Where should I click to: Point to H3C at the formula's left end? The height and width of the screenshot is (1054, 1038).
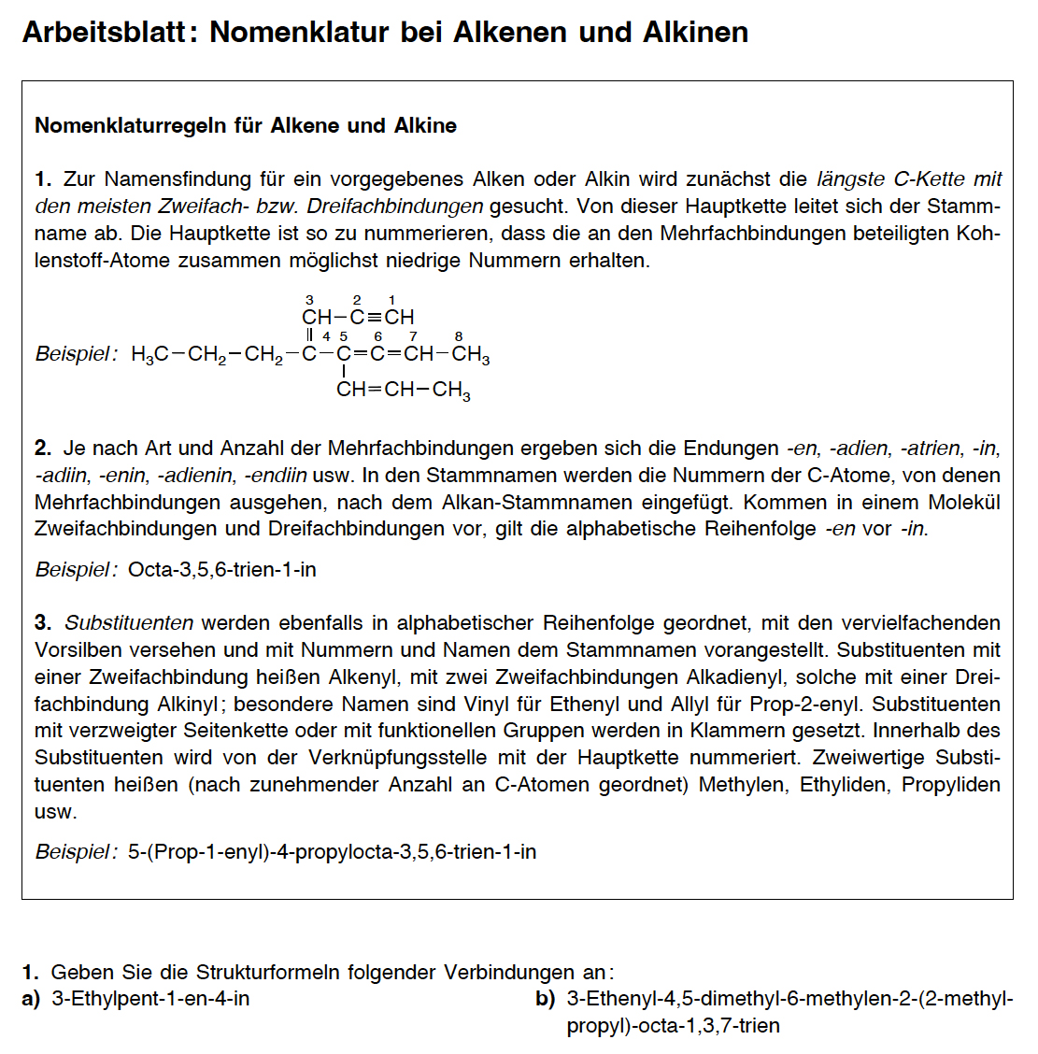[x=149, y=355]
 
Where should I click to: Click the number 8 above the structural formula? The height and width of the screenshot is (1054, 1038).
[x=459, y=336]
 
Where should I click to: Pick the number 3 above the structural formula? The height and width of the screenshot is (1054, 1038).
[x=309, y=300]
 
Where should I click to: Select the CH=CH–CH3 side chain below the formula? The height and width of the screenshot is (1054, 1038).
[x=404, y=390]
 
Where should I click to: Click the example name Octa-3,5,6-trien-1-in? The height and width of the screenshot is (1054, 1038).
[x=222, y=569]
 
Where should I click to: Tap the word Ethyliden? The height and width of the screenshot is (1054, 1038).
[x=844, y=784]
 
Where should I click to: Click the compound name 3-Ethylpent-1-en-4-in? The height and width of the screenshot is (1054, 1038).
[x=150, y=999]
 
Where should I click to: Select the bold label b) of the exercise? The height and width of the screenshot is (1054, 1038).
[x=546, y=999]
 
